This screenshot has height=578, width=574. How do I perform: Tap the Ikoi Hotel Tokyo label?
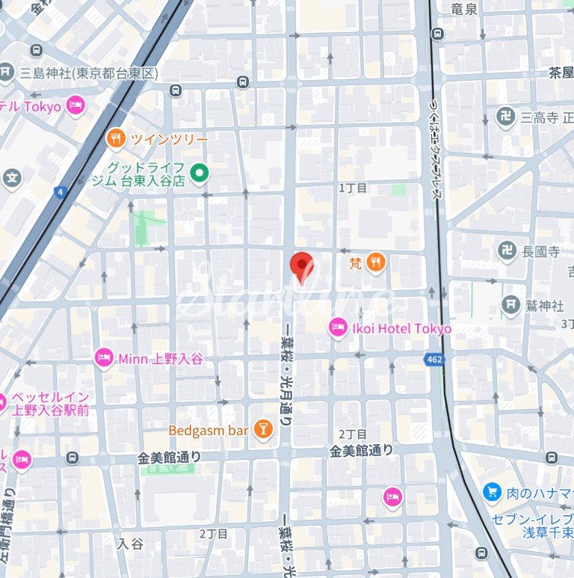point(401,328)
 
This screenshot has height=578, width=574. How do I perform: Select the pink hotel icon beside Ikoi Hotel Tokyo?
point(338,328)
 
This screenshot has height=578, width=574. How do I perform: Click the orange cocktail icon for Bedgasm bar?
point(262,430)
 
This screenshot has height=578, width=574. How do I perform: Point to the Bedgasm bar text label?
point(208,431)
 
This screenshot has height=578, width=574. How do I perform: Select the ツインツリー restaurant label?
point(169,138)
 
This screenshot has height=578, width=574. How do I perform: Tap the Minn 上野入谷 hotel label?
point(160,359)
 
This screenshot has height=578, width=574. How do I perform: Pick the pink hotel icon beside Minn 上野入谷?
point(104,359)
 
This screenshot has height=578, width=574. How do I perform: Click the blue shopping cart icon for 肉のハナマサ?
point(492,492)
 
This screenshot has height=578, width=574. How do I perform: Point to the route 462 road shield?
point(433,360)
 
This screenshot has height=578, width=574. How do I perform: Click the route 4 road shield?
point(61,192)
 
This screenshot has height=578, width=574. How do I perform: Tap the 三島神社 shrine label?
point(89,73)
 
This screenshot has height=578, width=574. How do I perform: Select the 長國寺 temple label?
point(540,252)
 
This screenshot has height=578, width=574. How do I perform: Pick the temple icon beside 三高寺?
point(505,117)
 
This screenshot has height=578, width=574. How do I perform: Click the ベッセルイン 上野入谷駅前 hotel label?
point(51,403)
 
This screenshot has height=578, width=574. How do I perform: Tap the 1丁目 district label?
point(354,188)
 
